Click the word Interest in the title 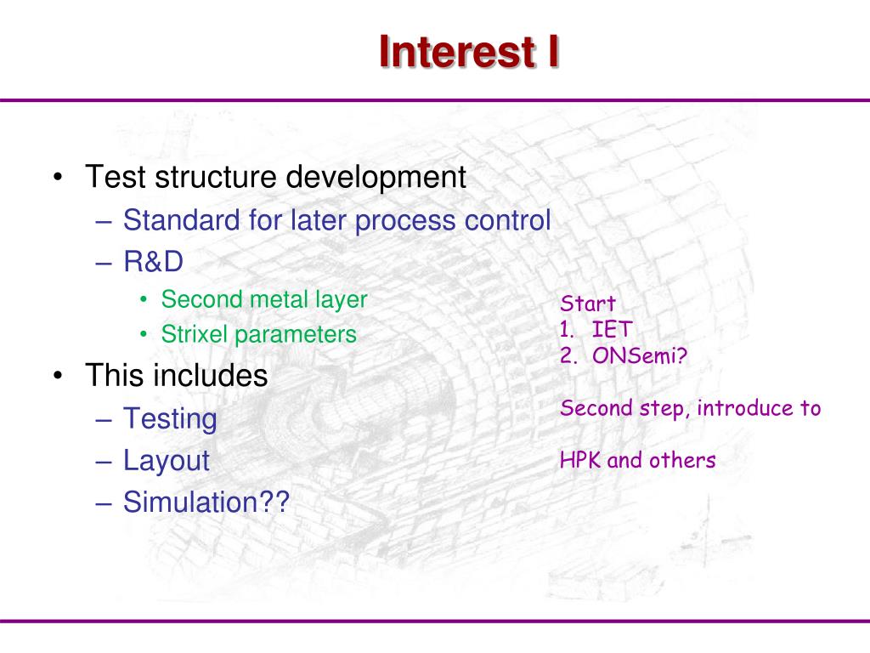(x=457, y=52)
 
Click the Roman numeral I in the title (x=553, y=52)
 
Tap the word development (x=376, y=178)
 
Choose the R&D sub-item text (x=153, y=262)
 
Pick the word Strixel (x=195, y=334)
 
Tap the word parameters (x=295, y=335)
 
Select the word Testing (x=170, y=419)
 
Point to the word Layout (x=167, y=461)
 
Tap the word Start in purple (x=588, y=304)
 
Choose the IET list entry (x=612, y=329)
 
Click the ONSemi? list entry (x=640, y=355)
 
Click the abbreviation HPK (x=580, y=460)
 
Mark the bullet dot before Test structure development (x=58, y=178)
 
